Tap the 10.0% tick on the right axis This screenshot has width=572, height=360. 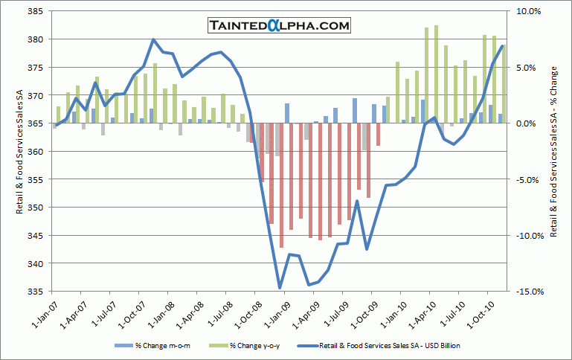coord(524,11)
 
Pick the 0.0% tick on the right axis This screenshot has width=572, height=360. coord(525,123)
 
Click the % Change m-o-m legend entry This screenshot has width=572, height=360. coord(152,346)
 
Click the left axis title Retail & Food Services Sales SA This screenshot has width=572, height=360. coord(19,151)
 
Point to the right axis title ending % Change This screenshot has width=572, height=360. coord(553,151)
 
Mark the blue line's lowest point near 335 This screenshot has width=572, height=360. coord(280,288)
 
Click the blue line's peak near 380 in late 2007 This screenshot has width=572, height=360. coord(153,39)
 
